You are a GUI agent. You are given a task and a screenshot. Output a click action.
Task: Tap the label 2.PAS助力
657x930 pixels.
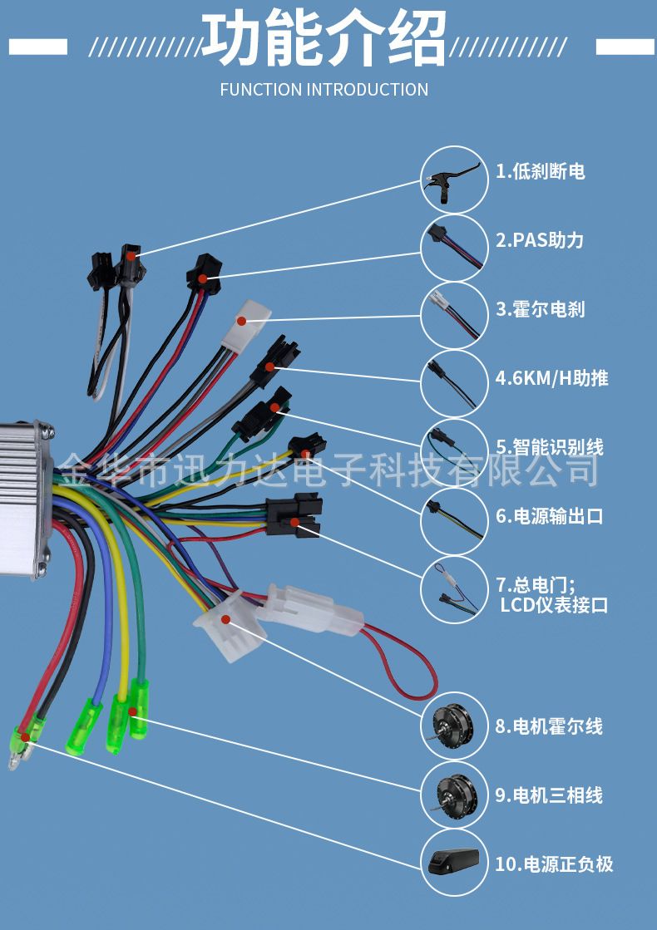pyautogui.click(x=540, y=240)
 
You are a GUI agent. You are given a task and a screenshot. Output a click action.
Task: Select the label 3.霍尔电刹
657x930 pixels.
pyautogui.click(x=540, y=309)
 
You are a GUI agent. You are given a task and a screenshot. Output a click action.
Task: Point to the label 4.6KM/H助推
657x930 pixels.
pyautogui.click(x=551, y=378)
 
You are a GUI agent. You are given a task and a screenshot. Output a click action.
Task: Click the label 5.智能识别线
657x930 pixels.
pyautogui.click(x=549, y=447)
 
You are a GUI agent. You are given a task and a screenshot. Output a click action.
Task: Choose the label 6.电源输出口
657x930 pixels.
pyautogui.click(x=549, y=516)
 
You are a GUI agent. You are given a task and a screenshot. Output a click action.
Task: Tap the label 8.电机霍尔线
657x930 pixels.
pyautogui.click(x=549, y=726)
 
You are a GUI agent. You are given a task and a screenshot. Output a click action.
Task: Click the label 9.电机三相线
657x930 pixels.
pyautogui.click(x=549, y=795)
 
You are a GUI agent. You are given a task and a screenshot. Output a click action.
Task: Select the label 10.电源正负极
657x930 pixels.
pyautogui.click(x=554, y=864)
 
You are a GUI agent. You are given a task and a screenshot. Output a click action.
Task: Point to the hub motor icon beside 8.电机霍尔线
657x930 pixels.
pyautogui.click(x=453, y=726)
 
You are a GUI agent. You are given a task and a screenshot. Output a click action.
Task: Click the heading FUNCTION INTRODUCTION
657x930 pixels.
pyautogui.click(x=324, y=90)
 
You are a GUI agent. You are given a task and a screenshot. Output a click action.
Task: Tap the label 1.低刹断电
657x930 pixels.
pyautogui.click(x=540, y=171)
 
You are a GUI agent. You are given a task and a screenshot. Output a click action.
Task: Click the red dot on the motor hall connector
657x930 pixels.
pyautogui.click(x=225, y=619)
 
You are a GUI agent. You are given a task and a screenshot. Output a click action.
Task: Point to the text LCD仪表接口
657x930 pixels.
pyautogui.click(x=554, y=605)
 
